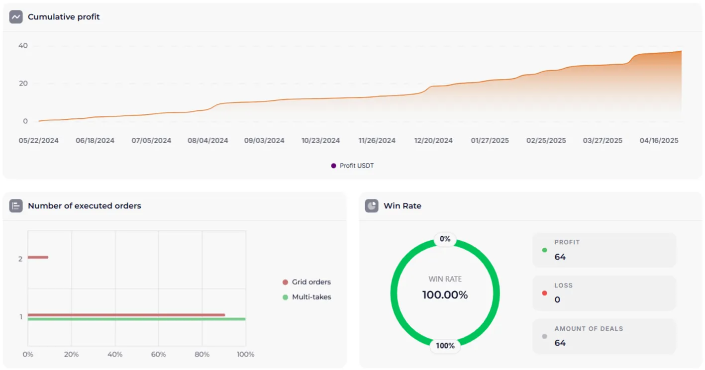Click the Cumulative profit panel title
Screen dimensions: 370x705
click(64, 17)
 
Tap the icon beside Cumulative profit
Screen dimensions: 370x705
click(16, 17)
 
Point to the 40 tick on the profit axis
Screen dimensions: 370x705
click(23, 46)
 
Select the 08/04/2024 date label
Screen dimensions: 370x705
click(208, 141)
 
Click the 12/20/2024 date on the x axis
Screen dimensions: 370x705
click(433, 141)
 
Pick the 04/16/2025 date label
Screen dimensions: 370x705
click(659, 141)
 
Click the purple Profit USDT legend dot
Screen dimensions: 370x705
click(333, 166)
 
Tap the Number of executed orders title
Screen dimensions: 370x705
click(84, 206)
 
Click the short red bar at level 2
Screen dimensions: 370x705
click(38, 257)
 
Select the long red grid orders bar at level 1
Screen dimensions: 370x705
click(126, 315)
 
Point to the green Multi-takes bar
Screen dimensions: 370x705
click(137, 319)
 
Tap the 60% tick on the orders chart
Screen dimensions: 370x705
click(158, 355)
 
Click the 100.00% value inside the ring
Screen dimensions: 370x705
click(445, 295)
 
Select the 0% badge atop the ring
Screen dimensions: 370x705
click(445, 239)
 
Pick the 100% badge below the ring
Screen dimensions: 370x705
click(445, 346)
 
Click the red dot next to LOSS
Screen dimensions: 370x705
click(544, 293)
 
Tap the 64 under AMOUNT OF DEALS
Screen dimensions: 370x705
click(560, 343)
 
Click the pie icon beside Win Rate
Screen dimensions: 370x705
click(372, 206)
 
